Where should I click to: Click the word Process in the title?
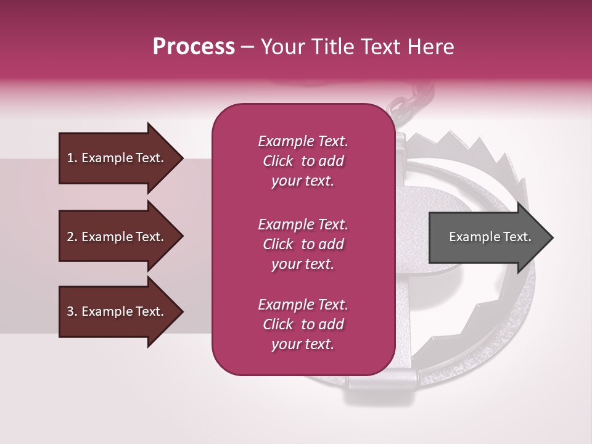tap(194, 47)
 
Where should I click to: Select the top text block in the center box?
tap(303, 161)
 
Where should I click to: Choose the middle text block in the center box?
tap(303, 244)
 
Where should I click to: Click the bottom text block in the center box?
tap(303, 324)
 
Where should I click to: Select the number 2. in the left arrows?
tap(72, 237)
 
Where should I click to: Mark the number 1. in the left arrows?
tap(72, 158)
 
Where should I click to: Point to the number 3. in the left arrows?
tap(72, 311)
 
